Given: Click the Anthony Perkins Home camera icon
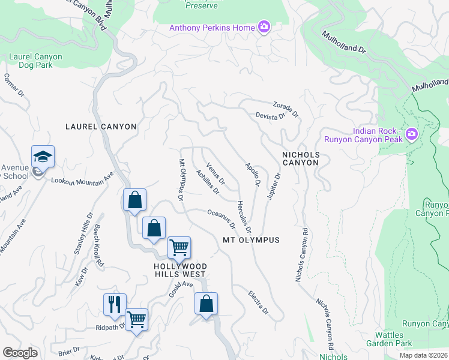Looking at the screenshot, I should click(264, 27).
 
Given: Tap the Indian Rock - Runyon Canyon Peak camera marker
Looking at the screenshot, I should click(412, 134).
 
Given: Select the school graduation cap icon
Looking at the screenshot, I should click(43, 157).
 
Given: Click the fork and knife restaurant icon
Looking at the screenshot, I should click(115, 304).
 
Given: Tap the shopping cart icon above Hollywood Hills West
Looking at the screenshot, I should click(179, 247).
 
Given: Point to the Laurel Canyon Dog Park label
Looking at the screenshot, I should click(35, 61).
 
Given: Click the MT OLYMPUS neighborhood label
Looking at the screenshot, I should click(252, 240).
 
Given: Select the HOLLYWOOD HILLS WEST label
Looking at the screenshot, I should click(180, 271).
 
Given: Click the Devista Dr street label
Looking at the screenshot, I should click(270, 116).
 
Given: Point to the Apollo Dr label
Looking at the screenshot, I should click(252, 174).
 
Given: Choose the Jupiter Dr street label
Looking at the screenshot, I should click(274, 187).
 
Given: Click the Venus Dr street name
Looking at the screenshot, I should click(215, 173).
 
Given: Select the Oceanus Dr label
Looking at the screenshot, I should click(220, 218).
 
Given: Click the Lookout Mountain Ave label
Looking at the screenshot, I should click(82, 178).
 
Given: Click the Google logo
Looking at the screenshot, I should click(20, 353).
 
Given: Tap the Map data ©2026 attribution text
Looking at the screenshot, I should click(424, 355).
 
